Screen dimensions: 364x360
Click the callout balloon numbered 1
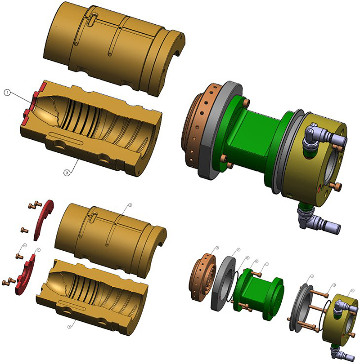7,93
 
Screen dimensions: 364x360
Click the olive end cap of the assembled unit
319,166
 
